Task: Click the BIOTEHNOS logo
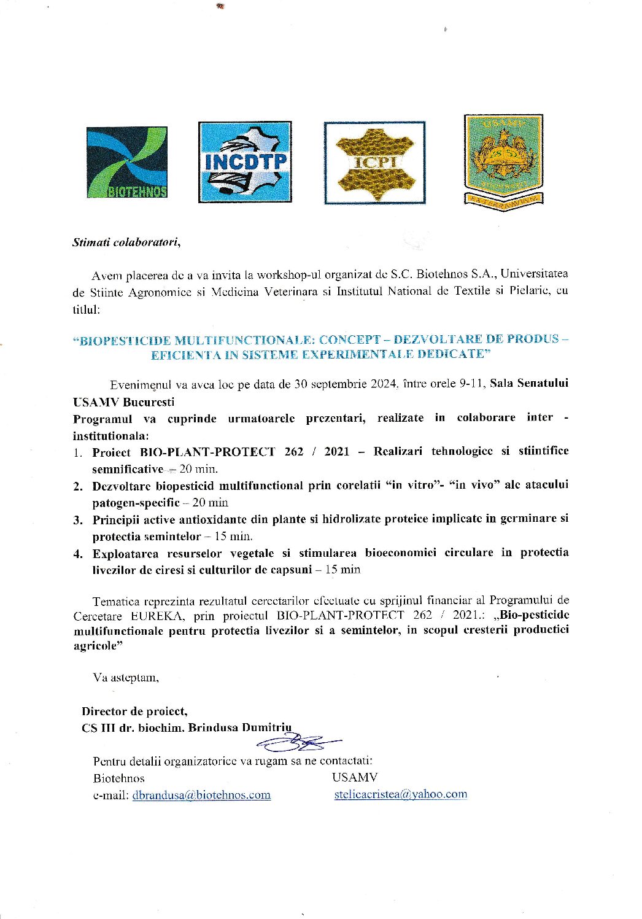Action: click(126, 163)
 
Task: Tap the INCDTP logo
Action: click(245, 162)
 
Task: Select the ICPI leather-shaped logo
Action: click(374, 163)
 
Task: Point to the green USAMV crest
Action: click(503, 160)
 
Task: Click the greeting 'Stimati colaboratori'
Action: click(126, 242)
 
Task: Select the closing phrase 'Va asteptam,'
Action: click(126, 678)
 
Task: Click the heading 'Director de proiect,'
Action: click(134, 712)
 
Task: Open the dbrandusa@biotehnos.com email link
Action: click(201, 795)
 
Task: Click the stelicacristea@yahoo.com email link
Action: click(400, 794)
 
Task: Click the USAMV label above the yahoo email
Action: click(355, 777)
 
